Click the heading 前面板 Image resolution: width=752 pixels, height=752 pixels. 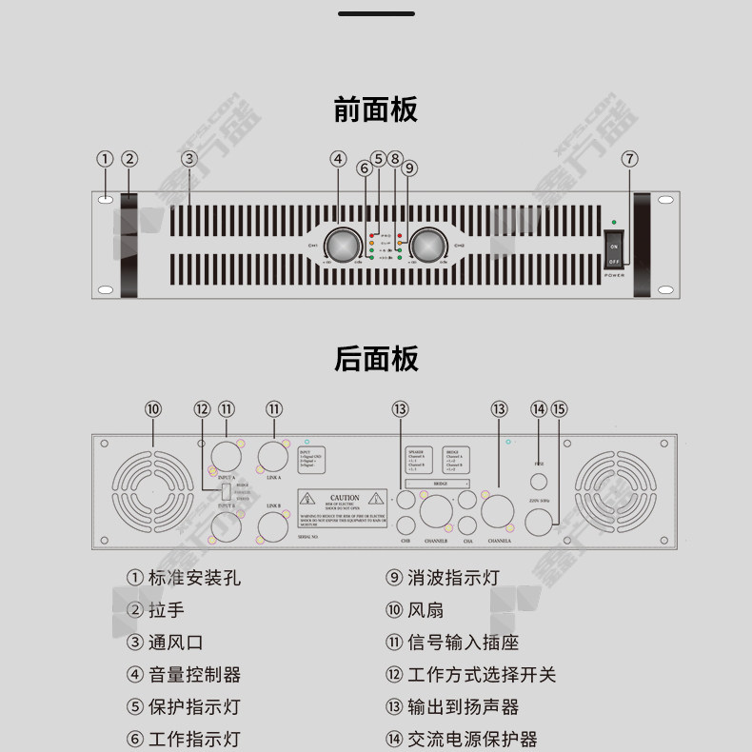point(375,110)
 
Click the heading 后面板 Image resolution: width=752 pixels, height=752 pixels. point(375,359)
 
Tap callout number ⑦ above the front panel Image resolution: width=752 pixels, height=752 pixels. point(629,159)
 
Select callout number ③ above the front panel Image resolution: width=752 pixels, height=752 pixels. point(189,159)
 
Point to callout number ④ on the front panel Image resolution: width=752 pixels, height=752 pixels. point(338,159)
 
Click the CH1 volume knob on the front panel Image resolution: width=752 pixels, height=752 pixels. point(340,245)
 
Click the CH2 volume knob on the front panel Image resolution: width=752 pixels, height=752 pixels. point(427,245)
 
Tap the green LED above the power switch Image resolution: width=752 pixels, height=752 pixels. point(614,221)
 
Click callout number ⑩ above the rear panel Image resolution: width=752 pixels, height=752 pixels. point(153,408)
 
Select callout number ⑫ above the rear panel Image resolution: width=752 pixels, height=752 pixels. point(202,408)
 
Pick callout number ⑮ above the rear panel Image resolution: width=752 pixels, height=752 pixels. point(559,408)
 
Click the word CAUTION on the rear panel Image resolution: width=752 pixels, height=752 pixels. point(345,498)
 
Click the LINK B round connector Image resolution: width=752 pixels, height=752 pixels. point(274,525)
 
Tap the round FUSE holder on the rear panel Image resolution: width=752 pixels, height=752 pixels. point(539,481)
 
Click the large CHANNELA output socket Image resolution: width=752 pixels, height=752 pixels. point(498,513)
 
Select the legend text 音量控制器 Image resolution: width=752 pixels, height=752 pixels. point(194,675)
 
